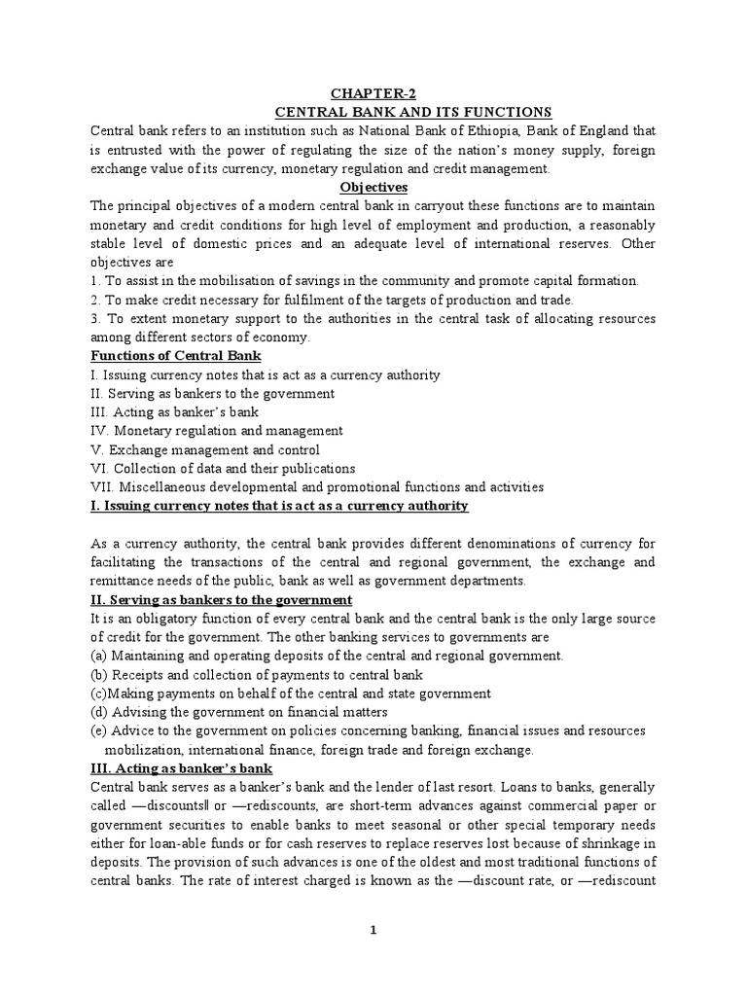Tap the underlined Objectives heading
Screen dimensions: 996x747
click(x=373, y=187)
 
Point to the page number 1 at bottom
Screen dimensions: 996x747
click(x=373, y=930)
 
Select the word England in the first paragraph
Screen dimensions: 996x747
click(x=603, y=130)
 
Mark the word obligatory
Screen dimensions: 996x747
click(x=160, y=619)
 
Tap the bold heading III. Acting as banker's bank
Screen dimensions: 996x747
click(x=179, y=768)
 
